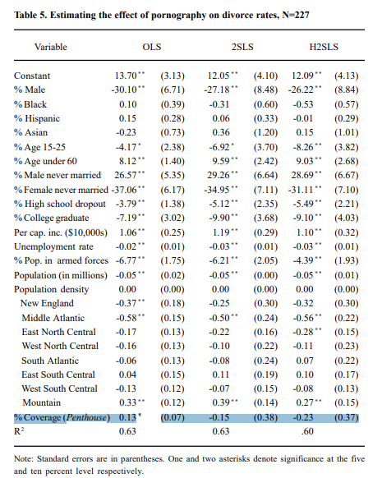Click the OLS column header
[x=152, y=47]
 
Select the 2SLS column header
[x=242, y=47]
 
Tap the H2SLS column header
[x=324, y=47]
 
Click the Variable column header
[x=51, y=47]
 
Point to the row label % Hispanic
[x=37, y=118]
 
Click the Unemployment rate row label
[x=53, y=246]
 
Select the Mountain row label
[x=41, y=402]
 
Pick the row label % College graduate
[x=52, y=218]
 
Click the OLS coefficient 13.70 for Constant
[x=126, y=76]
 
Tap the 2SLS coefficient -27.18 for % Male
[x=217, y=90]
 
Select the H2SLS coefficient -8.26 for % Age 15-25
[x=303, y=147]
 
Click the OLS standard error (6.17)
[x=173, y=190]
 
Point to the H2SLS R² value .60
[x=307, y=431]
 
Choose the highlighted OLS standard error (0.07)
[x=173, y=417]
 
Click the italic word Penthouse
[x=86, y=417]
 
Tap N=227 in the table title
[x=296, y=15]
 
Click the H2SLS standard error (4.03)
[x=347, y=218]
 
